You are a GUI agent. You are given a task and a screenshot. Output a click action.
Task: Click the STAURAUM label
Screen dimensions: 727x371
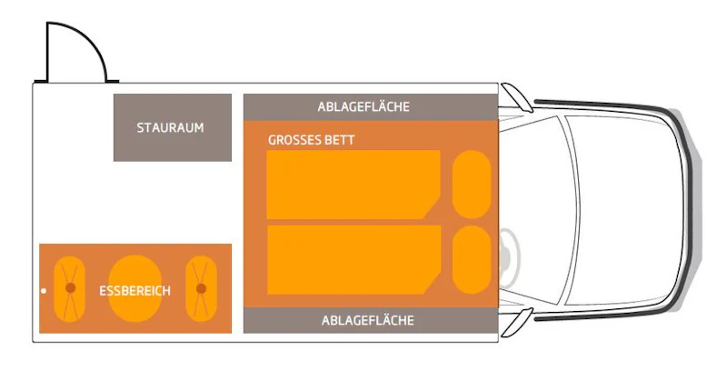pyautogui.click(x=170, y=127)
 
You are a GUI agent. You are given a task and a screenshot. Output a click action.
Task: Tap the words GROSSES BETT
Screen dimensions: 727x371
pyautogui.click(x=311, y=140)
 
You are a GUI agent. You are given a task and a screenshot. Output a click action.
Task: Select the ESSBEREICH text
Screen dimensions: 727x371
pyautogui.click(x=134, y=291)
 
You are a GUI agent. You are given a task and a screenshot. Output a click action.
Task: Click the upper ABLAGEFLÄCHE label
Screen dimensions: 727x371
pyautogui.click(x=363, y=106)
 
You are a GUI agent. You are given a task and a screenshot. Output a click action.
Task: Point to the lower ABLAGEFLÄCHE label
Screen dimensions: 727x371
pyautogui.click(x=368, y=320)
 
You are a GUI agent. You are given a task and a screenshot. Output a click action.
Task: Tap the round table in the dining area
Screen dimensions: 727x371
pyautogui.click(x=134, y=288)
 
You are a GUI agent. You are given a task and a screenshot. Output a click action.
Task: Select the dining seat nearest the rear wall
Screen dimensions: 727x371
pyautogui.click(x=70, y=288)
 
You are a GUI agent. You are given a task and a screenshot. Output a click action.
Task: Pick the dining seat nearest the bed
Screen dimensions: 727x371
pyautogui.click(x=201, y=288)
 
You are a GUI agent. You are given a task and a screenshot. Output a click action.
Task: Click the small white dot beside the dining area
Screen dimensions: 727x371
pyautogui.click(x=44, y=291)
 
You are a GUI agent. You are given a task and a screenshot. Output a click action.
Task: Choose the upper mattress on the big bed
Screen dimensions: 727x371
pyautogui.click(x=354, y=184)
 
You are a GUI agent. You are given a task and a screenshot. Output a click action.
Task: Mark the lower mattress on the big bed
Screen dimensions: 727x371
pyautogui.click(x=354, y=260)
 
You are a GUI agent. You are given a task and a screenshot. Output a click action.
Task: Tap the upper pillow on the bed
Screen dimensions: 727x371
pyautogui.click(x=472, y=184)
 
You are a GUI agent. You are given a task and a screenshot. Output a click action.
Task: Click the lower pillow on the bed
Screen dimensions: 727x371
pyautogui.click(x=472, y=260)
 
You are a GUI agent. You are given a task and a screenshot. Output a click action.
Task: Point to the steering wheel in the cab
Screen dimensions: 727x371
pyautogui.click(x=509, y=258)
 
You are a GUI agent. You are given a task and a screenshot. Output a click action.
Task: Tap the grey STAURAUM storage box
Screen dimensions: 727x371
pyautogui.click(x=173, y=127)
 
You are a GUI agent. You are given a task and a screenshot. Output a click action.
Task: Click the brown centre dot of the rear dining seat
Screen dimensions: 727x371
pyautogui.click(x=71, y=288)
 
